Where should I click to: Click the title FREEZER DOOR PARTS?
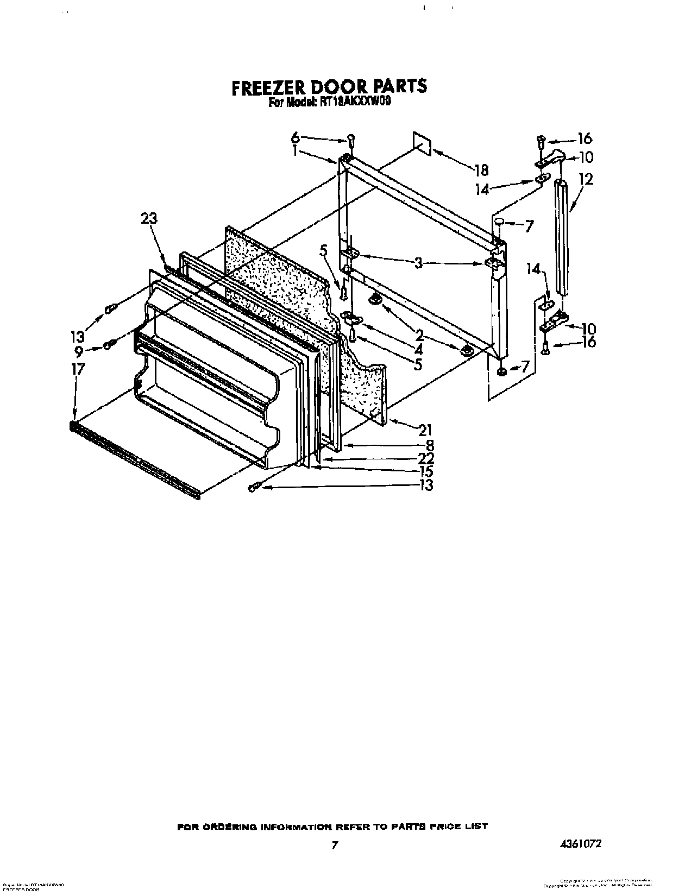point(329,87)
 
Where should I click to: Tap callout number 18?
point(481,170)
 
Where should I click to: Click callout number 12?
point(586,179)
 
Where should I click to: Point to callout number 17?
point(78,369)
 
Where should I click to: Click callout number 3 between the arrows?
point(418,264)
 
